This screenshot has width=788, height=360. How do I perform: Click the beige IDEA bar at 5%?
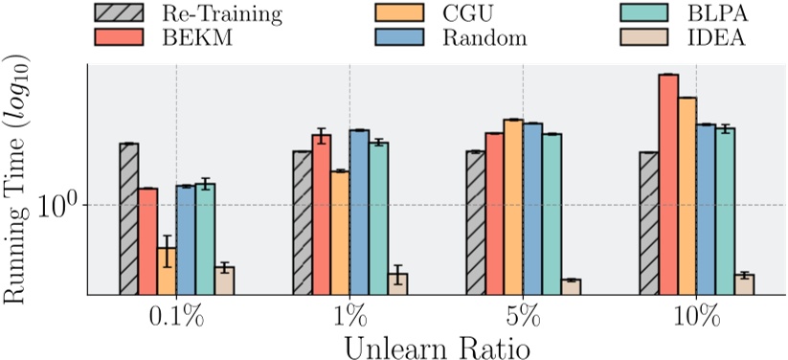point(571,287)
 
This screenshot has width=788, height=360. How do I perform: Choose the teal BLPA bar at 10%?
point(725,212)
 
